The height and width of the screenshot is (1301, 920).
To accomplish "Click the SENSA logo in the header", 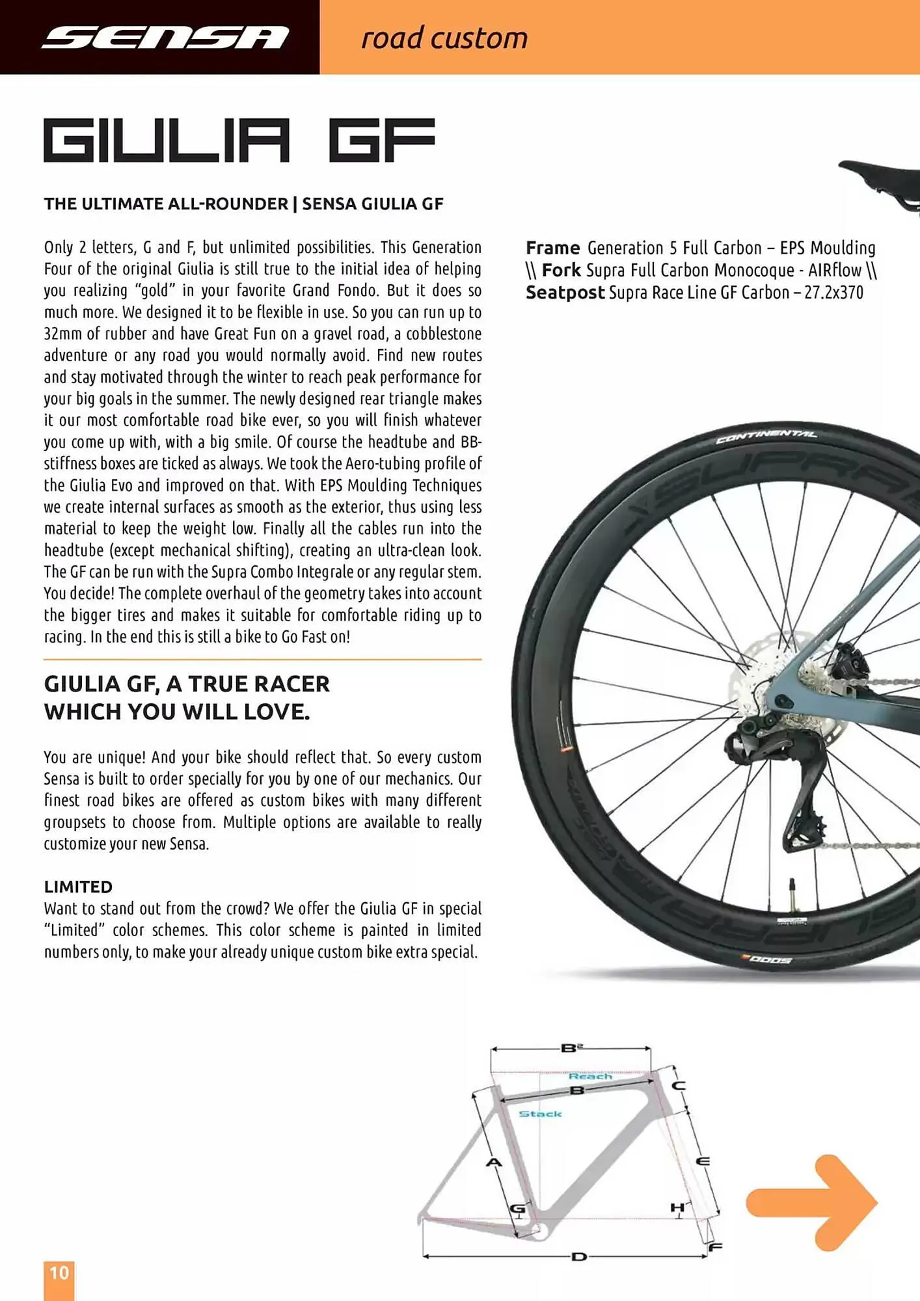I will [165, 37].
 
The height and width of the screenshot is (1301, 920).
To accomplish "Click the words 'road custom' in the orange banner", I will [444, 38].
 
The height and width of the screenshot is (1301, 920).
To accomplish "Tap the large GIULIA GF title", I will [239, 140].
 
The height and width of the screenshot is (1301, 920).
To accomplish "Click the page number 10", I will [59, 1272].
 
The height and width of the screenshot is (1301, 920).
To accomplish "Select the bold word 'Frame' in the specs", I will [552, 248].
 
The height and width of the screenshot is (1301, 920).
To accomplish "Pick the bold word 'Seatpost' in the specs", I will [565, 293].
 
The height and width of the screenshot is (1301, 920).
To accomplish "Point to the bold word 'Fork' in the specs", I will [560, 270].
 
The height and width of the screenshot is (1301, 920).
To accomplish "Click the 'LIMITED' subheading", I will [78, 887].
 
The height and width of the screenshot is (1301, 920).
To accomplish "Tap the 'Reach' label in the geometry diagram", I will [590, 1077].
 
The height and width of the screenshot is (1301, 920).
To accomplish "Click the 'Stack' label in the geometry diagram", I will [540, 1114].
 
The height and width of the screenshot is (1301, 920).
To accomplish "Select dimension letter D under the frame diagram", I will [578, 1257].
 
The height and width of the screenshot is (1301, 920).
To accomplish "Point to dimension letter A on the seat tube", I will [494, 1162].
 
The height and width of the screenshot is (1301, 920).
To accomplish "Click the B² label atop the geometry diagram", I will [571, 1048].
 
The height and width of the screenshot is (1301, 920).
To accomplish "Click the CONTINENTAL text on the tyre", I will [766, 436].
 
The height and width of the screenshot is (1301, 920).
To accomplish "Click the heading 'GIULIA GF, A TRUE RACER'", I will [187, 684].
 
